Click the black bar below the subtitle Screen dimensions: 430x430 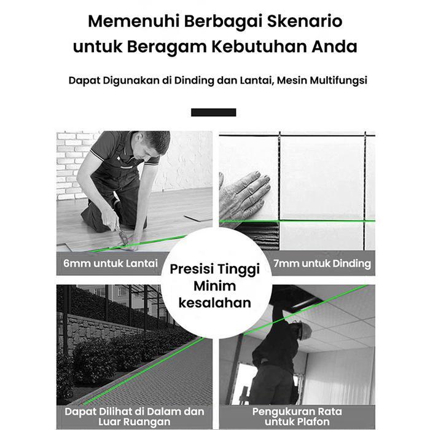pos(213,112)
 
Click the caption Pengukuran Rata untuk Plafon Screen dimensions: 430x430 pos(296,416)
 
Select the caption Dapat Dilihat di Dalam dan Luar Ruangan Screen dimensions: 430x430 pos(134,416)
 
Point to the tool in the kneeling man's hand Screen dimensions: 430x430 pos(123,237)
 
